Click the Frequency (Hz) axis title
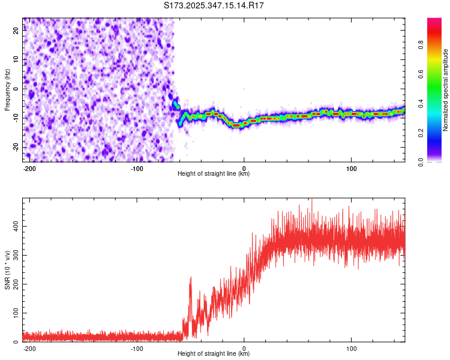pos(7,89)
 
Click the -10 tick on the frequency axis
pos(16,118)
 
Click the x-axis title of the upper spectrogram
pos(214,173)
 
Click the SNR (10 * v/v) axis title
pos(7,271)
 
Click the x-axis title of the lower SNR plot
pos(214,353)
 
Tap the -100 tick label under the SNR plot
pos(136,348)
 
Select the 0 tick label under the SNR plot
pos(244,348)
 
